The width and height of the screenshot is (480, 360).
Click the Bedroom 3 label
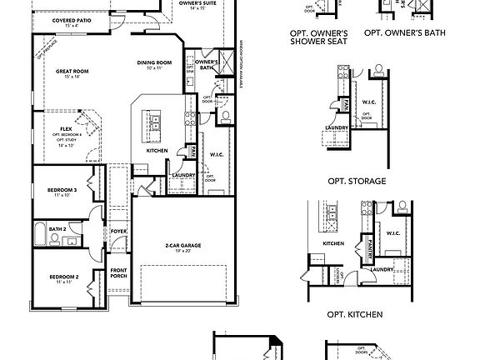pyautogui.click(x=63, y=190)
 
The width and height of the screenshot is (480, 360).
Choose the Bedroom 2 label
pyautogui.click(x=63, y=277)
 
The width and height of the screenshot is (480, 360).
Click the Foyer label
pyautogui.click(x=119, y=232)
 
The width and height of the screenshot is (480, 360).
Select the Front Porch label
pyautogui.click(x=119, y=272)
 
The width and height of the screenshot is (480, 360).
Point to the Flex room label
pyautogui.click(x=66, y=129)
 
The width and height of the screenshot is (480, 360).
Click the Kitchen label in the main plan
pyautogui.click(x=157, y=151)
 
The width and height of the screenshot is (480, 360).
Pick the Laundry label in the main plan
pyautogui.click(x=182, y=174)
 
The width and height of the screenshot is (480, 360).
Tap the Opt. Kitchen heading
pyautogui.click(x=356, y=314)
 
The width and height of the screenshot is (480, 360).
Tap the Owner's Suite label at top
pyautogui.click(x=197, y=3)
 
